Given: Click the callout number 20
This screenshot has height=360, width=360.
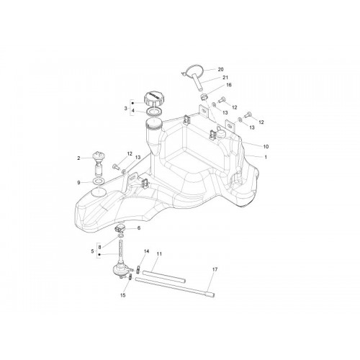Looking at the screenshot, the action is click(x=220, y=69).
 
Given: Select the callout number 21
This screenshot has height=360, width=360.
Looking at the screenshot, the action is click(x=225, y=78).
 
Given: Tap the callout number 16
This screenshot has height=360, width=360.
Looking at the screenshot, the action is click(x=229, y=85).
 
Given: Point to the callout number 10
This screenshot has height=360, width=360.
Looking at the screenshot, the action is click(x=266, y=146).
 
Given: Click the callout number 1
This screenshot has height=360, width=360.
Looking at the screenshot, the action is click(x=266, y=157).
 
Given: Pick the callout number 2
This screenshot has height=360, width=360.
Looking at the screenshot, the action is click(x=78, y=158).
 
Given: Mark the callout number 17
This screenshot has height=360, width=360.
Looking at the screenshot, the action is click(x=215, y=269).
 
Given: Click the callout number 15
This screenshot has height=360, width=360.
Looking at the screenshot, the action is click(x=122, y=295).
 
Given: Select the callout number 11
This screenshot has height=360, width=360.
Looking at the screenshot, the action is click(x=159, y=253).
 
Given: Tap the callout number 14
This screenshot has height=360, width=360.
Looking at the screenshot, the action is click(x=146, y=251).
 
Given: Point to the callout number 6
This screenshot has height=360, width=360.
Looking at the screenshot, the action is click(x=139, y=228).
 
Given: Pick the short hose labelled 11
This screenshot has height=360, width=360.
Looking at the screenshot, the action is click(x=164, y=276).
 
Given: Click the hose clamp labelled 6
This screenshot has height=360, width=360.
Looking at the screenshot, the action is click(x=120, y=228).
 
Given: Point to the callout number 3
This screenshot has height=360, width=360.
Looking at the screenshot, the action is click(x=125, y=108).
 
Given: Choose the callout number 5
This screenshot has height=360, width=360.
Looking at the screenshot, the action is click(x=92, y=251).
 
